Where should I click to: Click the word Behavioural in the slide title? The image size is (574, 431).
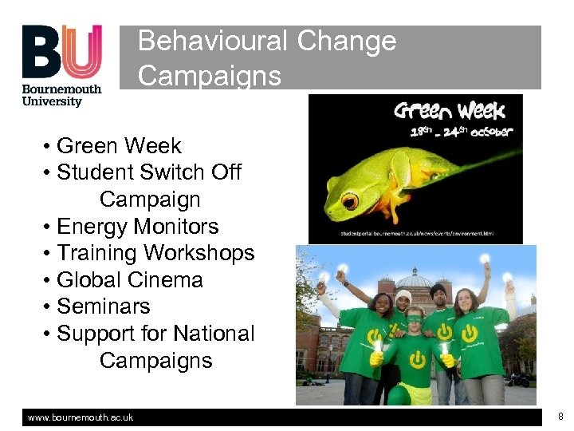[211, 41]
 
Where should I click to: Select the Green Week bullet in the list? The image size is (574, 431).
[119, 146]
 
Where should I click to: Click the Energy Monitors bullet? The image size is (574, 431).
[137, 227]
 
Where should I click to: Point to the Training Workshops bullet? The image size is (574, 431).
[155, 253]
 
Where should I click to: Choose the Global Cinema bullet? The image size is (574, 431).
[130, 280]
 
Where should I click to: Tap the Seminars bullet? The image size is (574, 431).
[104, 306]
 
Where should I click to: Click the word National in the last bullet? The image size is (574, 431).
[214, 334]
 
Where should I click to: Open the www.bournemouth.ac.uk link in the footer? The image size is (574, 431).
[81, 417]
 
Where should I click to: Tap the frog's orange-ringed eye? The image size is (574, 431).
[348, 201]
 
